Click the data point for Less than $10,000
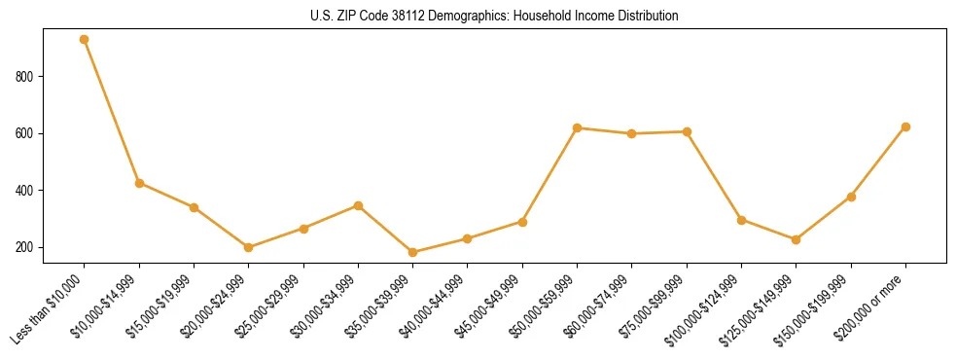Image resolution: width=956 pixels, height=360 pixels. click(85, 40)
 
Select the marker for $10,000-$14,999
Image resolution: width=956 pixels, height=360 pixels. click(139, 183)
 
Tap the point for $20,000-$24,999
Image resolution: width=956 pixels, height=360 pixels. click(249, 247)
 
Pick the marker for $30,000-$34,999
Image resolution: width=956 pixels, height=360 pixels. click(359, 205)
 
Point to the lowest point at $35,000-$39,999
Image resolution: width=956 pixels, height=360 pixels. click(413, 252)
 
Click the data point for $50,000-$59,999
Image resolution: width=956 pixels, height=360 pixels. click(578, 127)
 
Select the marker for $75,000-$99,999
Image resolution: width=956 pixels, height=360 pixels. click(687, 131)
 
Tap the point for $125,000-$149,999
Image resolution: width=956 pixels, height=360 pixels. click(797, 239)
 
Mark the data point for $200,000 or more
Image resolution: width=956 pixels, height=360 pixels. click(905, 126)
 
